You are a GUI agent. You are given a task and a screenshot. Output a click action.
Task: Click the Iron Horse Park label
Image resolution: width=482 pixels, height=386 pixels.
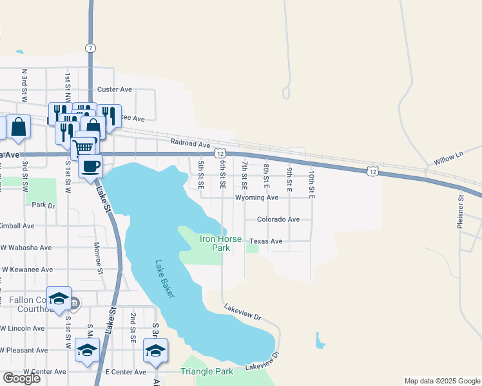coord(220,243)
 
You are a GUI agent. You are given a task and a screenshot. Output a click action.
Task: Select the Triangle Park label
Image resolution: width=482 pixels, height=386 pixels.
coord(206,372)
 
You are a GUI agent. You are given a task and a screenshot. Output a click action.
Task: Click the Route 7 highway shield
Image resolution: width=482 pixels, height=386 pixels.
coord(90,48)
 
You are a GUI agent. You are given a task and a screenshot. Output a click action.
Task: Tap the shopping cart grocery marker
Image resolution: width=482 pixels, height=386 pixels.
coord(83,147)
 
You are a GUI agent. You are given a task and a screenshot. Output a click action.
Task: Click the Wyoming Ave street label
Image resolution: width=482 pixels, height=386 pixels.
coord(256,198)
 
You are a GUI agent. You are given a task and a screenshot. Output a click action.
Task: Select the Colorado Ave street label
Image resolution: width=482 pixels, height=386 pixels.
coord(278,219)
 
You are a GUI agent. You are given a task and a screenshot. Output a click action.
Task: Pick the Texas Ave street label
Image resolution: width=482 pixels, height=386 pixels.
coord(266,241)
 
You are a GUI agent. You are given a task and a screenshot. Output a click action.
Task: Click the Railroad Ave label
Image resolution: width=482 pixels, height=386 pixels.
coord(191,142)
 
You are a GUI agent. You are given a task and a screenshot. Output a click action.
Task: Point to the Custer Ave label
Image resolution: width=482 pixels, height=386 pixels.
coord(114,89)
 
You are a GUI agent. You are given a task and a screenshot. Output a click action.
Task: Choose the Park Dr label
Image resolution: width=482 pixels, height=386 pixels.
coord(43,205)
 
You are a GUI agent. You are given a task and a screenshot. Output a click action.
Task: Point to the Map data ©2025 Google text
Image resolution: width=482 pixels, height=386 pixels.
coord(442,381)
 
